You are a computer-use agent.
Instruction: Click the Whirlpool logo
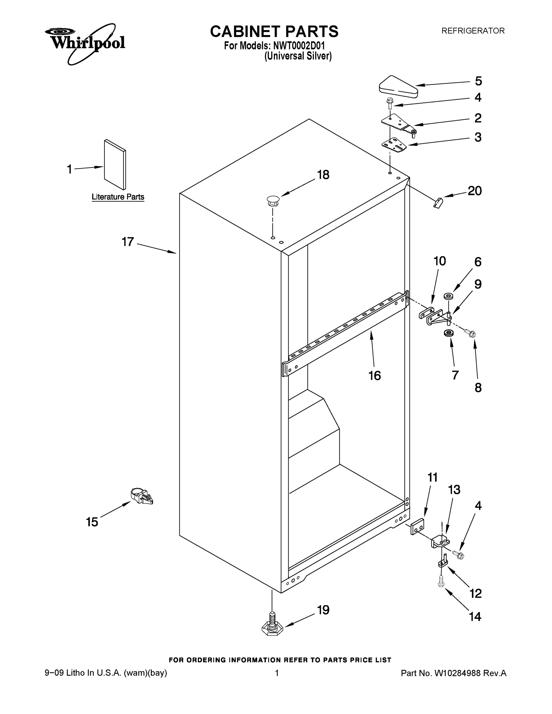point(85,43)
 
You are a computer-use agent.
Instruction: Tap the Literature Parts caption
point(118,197)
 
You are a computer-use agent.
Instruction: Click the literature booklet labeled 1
point(115,165)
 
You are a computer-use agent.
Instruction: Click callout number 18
point(323,175)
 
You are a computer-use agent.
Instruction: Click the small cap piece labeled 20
point(437,203)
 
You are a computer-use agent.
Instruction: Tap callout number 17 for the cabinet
point(128,242)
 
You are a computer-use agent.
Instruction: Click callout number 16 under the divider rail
point(375,376)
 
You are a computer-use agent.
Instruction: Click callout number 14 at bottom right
point(475,617)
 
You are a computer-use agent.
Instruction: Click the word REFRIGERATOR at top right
point(473,31)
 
